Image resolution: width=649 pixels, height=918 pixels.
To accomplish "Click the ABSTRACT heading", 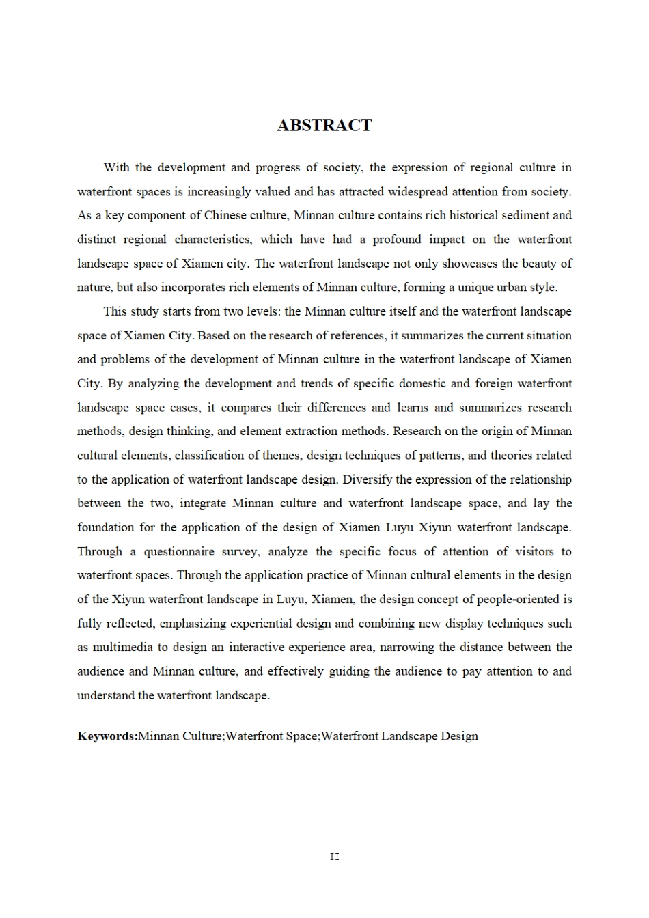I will point(324,126).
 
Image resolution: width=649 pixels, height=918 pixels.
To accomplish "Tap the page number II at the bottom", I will point(334,857).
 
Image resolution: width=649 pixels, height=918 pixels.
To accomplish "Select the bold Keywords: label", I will point(107,736).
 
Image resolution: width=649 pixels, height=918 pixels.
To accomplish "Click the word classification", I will point(215,456).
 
